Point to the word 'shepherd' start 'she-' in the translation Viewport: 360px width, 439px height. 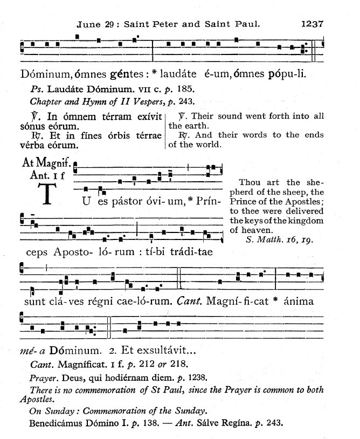tap(314, 182)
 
